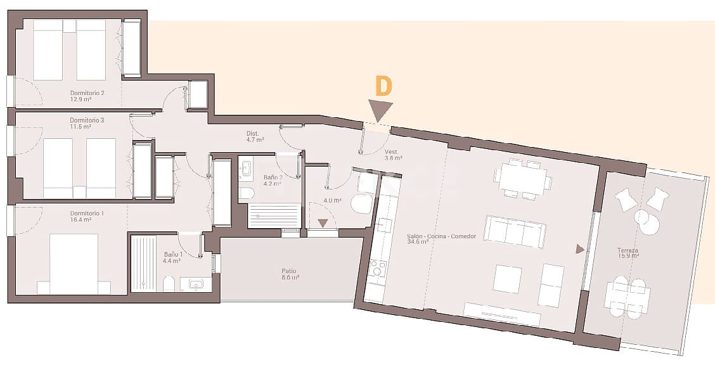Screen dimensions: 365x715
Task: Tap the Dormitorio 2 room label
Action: (x=87, y=96)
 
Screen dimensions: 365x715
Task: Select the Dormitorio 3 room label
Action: (x=87, y=123)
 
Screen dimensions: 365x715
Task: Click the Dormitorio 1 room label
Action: (x=87, y=217)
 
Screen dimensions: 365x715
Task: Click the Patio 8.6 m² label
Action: (x=289, y=274)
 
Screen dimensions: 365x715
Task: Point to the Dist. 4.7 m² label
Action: (x=254, y=136)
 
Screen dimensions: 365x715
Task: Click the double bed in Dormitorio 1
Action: (x=74, y=263)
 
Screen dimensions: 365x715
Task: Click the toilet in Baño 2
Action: (x=246, y=193)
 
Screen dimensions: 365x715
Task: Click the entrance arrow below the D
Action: (x=380, y=112)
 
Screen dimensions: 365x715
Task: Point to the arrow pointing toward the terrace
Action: (x=579, y=249)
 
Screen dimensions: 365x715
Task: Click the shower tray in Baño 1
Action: (x=143, y=262)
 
